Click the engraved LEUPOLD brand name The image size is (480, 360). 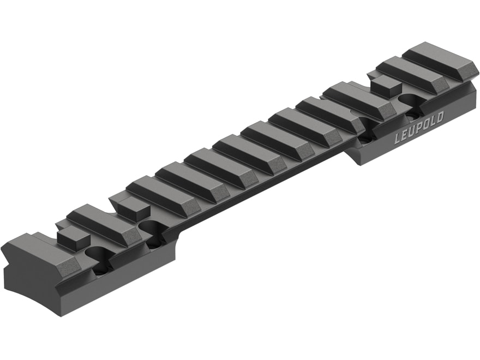click(x=418, y=128)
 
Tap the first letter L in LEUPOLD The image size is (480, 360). click(x=397, y=139)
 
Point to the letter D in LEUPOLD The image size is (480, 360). click(x=440, y=118)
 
